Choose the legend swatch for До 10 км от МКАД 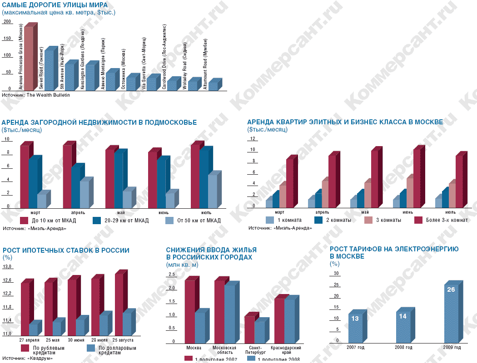(x=25, y=221)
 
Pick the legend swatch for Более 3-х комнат (x=418, y=220)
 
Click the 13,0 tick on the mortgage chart (x=8, y=267)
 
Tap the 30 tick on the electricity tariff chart (x=337, y=274)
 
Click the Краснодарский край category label (x=284, y=350)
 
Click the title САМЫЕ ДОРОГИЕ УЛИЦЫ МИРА (x=55, y=5)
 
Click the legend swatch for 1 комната (x=270, y=220)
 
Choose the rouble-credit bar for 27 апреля (x=25, y=309)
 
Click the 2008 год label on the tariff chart (x=403, y=348)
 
